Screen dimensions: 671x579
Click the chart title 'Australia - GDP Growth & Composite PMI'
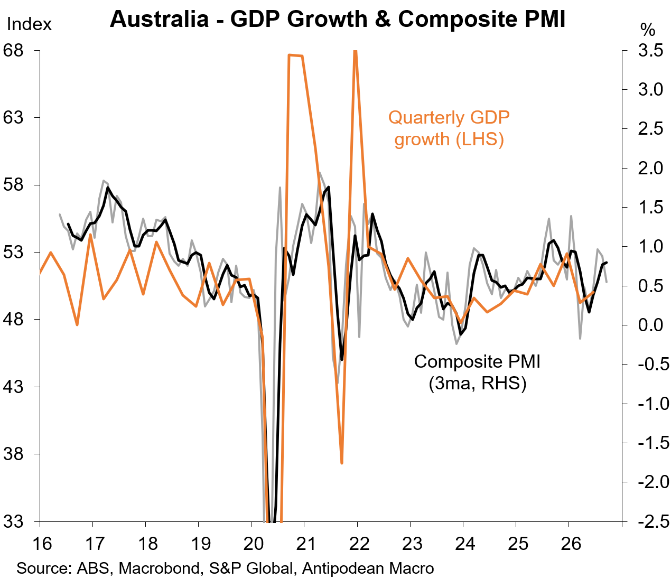(338, 19)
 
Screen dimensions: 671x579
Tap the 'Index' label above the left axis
(29, 24)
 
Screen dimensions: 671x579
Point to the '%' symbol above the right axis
(648, 30)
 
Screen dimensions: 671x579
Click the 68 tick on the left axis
(14, 50)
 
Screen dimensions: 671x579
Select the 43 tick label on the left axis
(14, 387)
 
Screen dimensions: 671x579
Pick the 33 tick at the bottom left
(14, 521)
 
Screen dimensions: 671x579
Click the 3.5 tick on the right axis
(650, 50)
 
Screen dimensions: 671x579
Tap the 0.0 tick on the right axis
(650, 325)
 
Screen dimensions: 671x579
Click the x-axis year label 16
(42, 543)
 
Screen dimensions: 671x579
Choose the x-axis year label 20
(253, 543)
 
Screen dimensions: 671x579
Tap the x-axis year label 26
(571, 543)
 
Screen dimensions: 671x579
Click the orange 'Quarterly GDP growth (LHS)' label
(449, 128)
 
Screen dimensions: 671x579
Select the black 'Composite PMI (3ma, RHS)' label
(477, 372)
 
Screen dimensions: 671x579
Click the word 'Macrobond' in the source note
(159, 568)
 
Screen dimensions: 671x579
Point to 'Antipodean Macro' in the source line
(368, 568)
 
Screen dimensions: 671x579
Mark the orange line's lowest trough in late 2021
(342, 463)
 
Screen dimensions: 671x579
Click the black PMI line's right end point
(607, 262)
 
